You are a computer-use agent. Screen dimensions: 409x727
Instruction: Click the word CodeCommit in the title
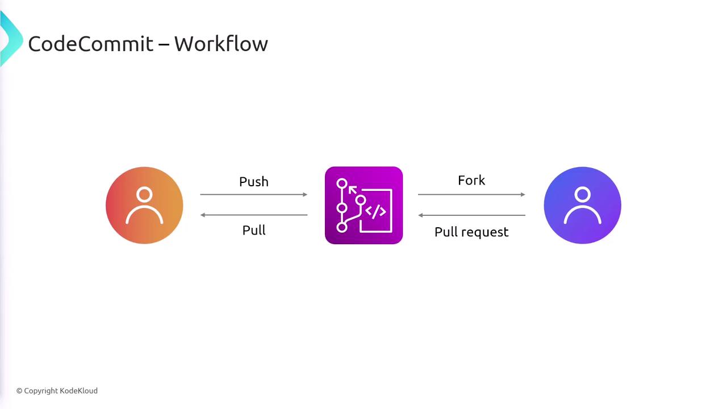coord(91,44)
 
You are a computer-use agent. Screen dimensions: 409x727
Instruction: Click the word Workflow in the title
coord(221,44)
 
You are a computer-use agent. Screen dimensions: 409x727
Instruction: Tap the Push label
coord(254,182)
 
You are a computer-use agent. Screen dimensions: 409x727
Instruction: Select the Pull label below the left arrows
coord(254,230)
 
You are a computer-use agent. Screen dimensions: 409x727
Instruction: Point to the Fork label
coord(471,181)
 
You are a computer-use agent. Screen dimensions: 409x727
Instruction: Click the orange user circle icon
coord(144,206)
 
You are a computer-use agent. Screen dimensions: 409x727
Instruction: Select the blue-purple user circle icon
coord(582,206)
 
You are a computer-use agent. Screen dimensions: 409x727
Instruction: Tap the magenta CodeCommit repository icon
coord(363,206)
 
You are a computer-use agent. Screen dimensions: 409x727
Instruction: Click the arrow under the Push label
coord(253,194)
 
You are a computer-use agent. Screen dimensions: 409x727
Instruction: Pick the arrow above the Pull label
coord(253,215)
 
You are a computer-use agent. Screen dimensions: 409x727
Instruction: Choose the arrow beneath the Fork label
coord(471,194)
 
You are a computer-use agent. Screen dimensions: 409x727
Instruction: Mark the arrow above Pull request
coord(471,215)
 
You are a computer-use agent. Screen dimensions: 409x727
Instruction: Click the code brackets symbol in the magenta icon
coord(375,211)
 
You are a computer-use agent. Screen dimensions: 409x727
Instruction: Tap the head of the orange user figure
coord(144,195)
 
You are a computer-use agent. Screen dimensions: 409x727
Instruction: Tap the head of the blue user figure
coord(582,195)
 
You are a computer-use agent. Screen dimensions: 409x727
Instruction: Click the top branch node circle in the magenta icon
coord(341,183)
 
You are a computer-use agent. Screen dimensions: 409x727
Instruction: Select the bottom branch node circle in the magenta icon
coord(341,227)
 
